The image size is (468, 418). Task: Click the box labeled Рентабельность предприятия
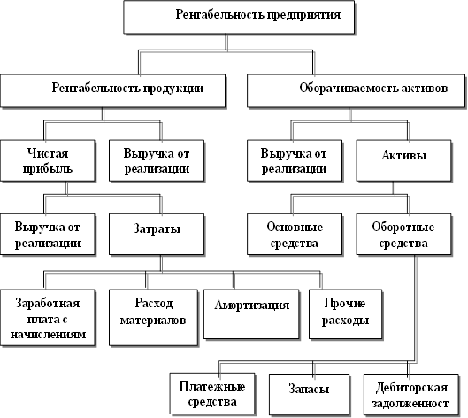point(239,17)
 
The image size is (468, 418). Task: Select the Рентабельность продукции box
point(113,90)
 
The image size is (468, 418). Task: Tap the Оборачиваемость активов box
point(356,90)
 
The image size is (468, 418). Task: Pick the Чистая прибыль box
point(48,160)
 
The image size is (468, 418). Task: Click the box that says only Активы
point(403,160)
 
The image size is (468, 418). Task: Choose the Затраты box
point(157,235)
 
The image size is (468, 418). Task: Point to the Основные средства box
point(295,235)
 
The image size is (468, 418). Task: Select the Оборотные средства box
point(403,235)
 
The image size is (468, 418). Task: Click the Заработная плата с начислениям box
point(48,318)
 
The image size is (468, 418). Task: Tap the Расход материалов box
point(153,318)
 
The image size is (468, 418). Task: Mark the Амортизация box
point(251,314)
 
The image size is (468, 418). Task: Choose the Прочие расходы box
point(346,314)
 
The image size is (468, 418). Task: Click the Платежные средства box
point(212,394)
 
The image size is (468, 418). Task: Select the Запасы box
point(310,394)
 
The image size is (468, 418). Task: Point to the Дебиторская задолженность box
point(411,394)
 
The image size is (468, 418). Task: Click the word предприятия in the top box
point(303,15)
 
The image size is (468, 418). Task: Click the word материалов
point(153,321)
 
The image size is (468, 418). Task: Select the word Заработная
point(48,304)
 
